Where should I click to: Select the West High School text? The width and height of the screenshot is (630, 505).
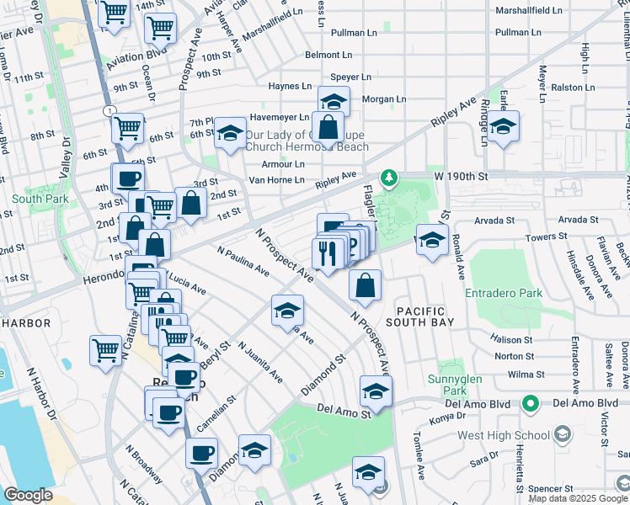click(x=503, y=436)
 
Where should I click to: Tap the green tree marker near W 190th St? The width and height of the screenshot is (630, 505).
click(x=388, y=177)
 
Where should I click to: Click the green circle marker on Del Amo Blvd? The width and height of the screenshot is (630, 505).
click(x=530, y=403)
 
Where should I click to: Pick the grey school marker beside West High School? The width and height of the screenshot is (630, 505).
click(x=563, y=435)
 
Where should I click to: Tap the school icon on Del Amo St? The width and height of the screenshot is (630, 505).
click(x=376, y=391)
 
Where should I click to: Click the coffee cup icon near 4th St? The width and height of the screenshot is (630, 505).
click(x=128, y=179)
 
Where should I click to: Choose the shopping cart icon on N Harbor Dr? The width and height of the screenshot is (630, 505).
click(x=106, y=350)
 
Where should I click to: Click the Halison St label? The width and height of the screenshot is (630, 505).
click(x=510, y=339)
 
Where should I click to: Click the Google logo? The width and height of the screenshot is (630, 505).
click(x=28, y=495)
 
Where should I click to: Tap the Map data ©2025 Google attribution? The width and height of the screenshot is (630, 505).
click(x=577, y=498)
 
